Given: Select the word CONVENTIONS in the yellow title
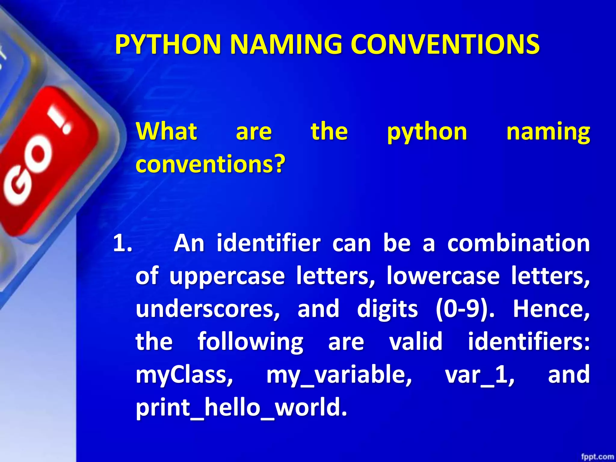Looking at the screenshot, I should tap(445, 45).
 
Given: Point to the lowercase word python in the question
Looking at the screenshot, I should tap(427, 132).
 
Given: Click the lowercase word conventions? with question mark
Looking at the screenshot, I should tap(210, 164).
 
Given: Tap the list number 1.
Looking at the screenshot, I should tap(122, 243).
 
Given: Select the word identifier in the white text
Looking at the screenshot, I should tap(269, 243).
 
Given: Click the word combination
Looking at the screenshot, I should tap(518, 243).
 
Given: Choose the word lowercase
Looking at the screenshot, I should tap(443, 276).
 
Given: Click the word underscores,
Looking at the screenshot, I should tap(208, 309).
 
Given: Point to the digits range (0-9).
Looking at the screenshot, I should tap(465, 309).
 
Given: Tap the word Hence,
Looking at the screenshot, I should tap(551, 309).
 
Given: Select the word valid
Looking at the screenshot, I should tap(416, 342).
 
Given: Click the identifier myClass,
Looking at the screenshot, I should tap(184, 375).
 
